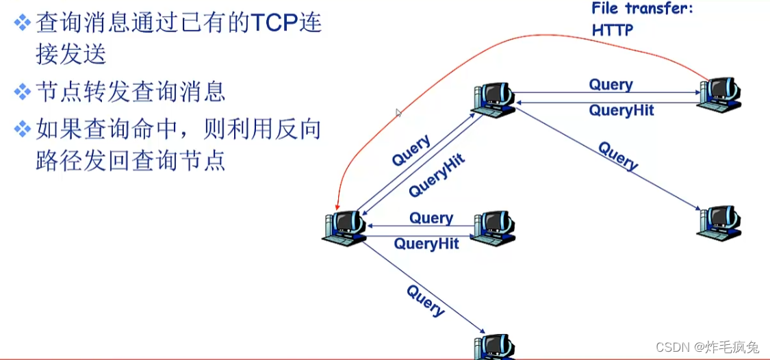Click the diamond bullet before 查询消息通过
pyautogui.click(x=23, y=23)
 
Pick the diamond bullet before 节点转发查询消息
pyautogui.click(x=23, y=91)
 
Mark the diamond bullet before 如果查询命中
pyautogui.click(x=23, y=129)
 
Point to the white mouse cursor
pyautogui.click(x=399, y=113)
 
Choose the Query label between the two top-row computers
pyautogui.click(x=611, y=85)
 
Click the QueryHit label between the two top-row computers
pyautogui.click(x=621, y=110)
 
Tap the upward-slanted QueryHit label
pyautogui.click(x=437, y=175)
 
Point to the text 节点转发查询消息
pyautogui.click(x=130, y=91)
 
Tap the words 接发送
pyautogui.click(x=71, y=53)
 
